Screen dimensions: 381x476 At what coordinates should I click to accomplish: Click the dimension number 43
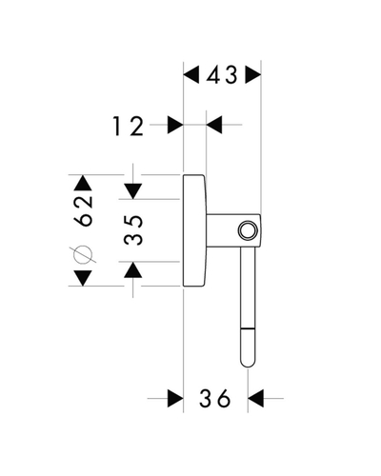(222, 75)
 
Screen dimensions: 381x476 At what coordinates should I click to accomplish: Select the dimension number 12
(129, 126)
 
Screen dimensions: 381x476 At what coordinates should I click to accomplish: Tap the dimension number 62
(83, 211)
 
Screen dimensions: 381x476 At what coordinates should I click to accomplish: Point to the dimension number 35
(133, 230)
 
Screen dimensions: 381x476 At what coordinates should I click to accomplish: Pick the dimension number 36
(214, 399)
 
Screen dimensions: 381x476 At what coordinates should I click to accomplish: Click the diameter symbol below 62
(83, 254)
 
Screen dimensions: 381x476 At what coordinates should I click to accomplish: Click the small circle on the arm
(247, 230)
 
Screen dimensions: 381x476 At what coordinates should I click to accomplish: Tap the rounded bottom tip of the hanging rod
(248, 365)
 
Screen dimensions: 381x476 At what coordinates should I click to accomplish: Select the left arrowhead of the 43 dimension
(191, 74)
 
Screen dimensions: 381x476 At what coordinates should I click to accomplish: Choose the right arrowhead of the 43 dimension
(253, 74)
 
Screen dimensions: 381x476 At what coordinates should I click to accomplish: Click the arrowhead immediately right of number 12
(175, 125)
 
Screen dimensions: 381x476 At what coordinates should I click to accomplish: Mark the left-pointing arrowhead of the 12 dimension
(214, 125)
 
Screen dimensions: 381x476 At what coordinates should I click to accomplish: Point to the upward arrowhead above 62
(83, 183)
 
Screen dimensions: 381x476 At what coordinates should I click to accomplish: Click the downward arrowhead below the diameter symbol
(83, 278)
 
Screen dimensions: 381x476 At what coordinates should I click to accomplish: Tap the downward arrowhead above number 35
(132, 191)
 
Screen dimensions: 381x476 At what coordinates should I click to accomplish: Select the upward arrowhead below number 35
(132, 269)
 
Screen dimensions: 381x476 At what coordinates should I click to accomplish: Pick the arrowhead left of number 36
(175, 398)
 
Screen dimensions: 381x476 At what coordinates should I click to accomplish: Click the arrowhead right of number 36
(255, 398)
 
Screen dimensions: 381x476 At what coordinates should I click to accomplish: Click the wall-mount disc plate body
(194, 230)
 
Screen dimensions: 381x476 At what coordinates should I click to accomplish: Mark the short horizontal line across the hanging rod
(248, 327)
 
